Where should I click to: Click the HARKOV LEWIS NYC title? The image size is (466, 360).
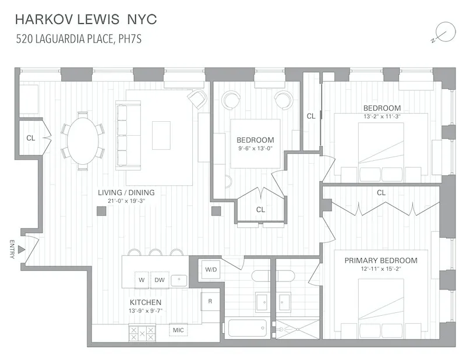pos(86,20)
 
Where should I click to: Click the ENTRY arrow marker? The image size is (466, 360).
pos(21,249)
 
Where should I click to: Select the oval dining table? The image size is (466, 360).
pos(83,140)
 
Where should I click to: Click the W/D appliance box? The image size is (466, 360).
pos(211,269)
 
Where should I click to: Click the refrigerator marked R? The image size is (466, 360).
pos(210,301)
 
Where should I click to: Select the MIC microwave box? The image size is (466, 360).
pos(178,331)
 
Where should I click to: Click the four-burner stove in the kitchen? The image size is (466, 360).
pos(142,333)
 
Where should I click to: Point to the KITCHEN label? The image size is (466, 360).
pos(145,302)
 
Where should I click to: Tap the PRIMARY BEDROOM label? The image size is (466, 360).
pos(380,260)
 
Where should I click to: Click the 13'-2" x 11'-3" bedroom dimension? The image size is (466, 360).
pos(382,117)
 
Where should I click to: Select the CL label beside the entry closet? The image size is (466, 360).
pos(30,138)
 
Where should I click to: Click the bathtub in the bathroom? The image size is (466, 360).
pos(247,328)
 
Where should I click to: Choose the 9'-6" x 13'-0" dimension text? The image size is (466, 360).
pos(255,148)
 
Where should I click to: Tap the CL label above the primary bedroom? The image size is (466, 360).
pos(381,192)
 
